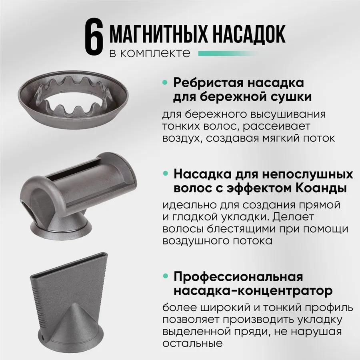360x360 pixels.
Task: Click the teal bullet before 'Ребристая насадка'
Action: click(165, 83)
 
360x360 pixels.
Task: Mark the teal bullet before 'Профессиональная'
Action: click(165, 276)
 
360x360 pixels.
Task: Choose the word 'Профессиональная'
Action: click(238, 276)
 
